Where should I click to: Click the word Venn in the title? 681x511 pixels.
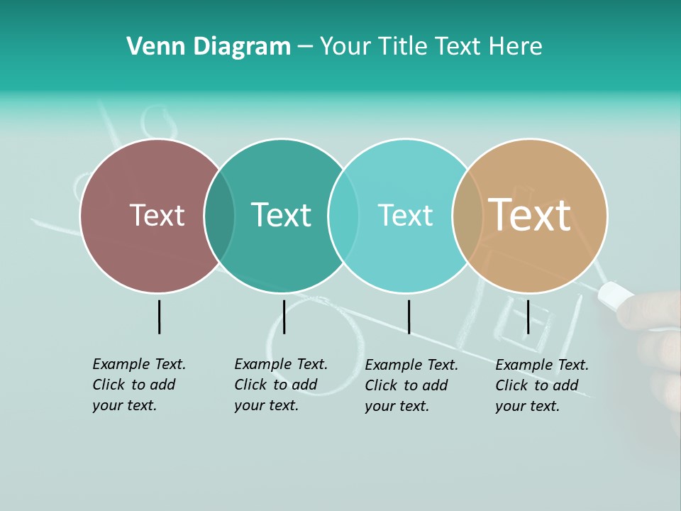pos(150,47)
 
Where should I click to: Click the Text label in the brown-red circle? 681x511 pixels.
pos(157,215)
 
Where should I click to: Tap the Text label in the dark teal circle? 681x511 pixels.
pos(281,215)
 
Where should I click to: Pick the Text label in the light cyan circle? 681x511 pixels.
pos(405,215)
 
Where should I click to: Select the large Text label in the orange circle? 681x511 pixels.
pos(529,215)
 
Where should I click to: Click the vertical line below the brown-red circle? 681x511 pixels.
pos(159,317)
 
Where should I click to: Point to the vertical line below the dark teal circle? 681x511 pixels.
pos(284,317)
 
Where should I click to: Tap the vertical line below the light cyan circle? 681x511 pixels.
pos(409,317)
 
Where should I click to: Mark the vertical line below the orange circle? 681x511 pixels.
pos(528,317)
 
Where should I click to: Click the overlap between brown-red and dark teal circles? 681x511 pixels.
pos(219,216)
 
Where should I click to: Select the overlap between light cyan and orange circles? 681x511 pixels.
pos(467,216)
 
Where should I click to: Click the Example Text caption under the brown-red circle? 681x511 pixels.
pos(139,385)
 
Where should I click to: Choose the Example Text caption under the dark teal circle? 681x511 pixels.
pos(281,385)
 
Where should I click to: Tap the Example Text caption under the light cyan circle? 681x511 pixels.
pos(411,385)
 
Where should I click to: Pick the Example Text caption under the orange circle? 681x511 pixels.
pos(542,385)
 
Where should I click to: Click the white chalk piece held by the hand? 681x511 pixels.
pos(616,295)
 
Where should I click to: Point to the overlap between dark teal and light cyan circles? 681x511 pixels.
pos(343,216)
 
